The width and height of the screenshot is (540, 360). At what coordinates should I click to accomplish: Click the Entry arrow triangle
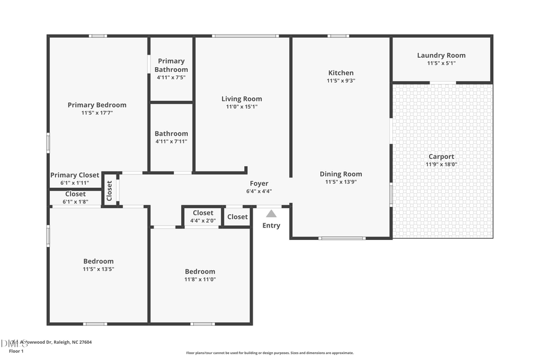click(x=271, y=214)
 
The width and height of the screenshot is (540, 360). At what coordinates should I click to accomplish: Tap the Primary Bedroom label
click(x=97, y=105)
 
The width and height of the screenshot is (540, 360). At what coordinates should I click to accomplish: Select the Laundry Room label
click(x=441, y=55)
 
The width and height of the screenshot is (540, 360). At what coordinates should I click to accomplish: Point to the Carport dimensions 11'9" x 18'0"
click(x=441, y=164)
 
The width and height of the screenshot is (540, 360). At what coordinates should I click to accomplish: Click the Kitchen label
click(x=340, y=73)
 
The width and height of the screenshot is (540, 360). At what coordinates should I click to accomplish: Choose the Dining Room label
click(x=340, y=174)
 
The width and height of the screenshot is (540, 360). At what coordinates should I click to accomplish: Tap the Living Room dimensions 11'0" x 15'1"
click(x=241, y=107)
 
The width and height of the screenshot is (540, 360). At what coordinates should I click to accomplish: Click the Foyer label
click(x=259, y=184)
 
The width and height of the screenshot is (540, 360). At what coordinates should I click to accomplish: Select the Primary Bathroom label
click(x=171, y=65)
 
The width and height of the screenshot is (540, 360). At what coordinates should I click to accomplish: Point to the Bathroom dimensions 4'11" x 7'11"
click(x=171, y=142)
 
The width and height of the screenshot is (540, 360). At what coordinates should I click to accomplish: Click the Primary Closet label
click(x=74, y=175)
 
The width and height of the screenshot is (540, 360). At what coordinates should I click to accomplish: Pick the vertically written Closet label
click(x=109, y=190)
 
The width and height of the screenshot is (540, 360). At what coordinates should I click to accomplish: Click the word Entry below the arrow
click(x=271, y=226)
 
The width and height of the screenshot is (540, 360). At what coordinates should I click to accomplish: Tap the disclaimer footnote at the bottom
click(x=269, y=353)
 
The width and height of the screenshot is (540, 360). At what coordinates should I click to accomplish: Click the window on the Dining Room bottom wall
click(x=341, y=238)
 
